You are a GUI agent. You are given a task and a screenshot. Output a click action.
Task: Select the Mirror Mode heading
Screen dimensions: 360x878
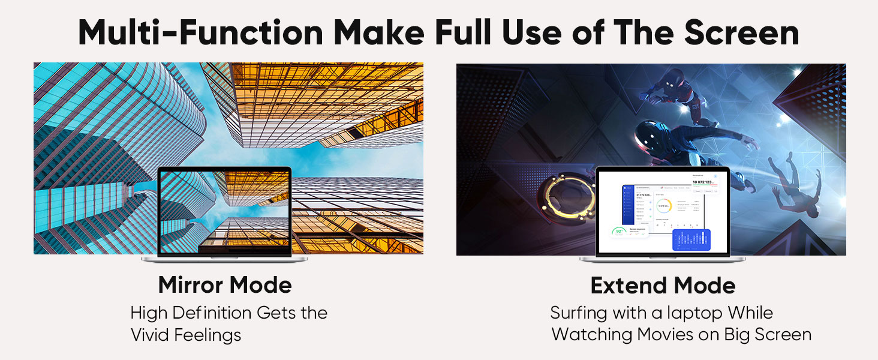tap(225, 285)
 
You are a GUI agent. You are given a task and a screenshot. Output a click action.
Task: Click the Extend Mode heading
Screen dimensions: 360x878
tap(663, 286)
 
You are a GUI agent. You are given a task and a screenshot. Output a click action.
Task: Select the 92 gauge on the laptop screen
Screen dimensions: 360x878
tap(619, 232)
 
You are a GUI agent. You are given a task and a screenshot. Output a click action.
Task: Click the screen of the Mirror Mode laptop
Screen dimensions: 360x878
tap(224, 212)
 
